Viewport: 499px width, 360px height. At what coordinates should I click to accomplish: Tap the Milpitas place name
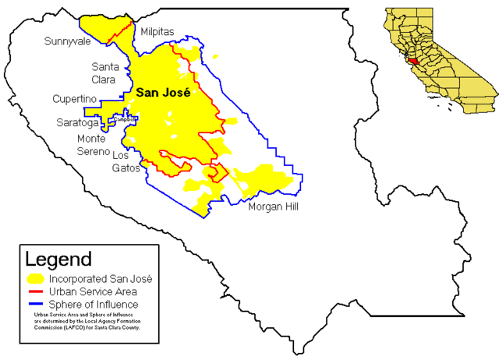coord(157,32)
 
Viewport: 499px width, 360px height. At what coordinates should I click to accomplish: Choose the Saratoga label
coord(77,123)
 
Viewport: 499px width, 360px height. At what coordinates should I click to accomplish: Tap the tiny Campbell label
coord(126,119)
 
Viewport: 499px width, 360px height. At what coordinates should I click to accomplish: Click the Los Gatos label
coord(126,161)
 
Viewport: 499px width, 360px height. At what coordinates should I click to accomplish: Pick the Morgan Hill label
coord(274,206)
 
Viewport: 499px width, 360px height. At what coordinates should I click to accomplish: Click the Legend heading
coord(58,259)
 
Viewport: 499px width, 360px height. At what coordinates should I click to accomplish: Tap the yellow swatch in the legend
coord(35,278)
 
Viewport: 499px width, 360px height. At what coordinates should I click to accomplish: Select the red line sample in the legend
coord(35,291)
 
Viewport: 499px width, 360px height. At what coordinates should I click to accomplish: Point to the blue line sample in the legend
coord(35,304)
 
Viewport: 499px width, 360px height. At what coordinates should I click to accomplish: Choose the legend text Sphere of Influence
coord(94,304)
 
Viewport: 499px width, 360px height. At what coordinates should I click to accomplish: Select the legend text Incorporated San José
coord(100,278)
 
